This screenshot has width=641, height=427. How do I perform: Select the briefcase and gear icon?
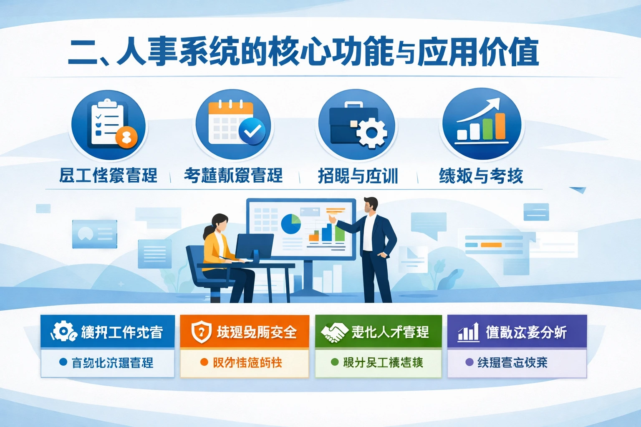click(357, 124)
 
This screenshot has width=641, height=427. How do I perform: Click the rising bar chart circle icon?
click(482, 124)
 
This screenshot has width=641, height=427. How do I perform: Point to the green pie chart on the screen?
click(291, 224)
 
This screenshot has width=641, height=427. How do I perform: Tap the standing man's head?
click(370, 205)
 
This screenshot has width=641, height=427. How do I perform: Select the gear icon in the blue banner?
click(63, 332)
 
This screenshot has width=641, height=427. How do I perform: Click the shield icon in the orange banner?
click(201, 332)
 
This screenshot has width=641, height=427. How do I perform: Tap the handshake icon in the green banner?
click(334, 332)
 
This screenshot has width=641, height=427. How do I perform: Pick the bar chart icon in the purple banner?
click(469, 332)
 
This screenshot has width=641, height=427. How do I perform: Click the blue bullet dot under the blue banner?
click(63, 362)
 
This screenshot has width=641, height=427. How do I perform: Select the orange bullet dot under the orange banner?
click(204, 362)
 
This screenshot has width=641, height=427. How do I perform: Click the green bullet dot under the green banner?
click(334, 362)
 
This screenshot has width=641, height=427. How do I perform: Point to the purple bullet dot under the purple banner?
click(469, 362)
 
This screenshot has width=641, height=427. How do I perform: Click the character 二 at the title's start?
click(83, 53)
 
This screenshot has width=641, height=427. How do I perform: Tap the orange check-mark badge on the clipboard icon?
click(126, 136)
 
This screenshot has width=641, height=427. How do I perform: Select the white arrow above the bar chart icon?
click(479, 109)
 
